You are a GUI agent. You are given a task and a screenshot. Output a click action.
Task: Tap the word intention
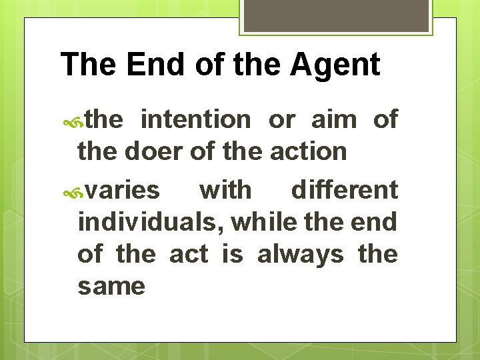point(196,120)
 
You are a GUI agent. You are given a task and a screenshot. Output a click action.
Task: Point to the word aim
point(333,120)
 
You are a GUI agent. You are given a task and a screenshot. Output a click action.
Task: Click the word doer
point(157,151)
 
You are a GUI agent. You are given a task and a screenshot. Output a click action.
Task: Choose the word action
point(308,151)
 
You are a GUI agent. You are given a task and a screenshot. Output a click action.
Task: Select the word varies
point(123,190)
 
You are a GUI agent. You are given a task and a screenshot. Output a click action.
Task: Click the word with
point(226,190)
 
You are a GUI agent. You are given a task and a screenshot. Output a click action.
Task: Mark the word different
point(345,190)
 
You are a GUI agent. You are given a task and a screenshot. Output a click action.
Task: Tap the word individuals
point(151,222)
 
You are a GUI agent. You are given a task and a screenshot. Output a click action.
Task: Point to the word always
point(300,254)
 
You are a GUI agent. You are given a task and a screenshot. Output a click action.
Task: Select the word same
point(111,286)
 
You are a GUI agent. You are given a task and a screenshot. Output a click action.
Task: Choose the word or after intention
point(281,121)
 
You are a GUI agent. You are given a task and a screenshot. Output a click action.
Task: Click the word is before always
point(232,254)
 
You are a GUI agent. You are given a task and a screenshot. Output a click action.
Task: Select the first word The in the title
point(83,65)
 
